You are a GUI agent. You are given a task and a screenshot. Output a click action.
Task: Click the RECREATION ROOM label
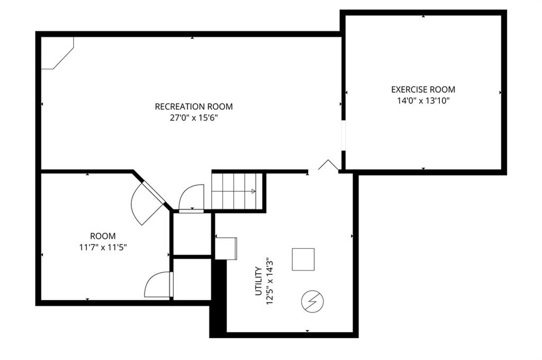tap(194, 106)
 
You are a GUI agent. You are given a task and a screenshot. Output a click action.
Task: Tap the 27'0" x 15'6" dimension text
tap(194, 118)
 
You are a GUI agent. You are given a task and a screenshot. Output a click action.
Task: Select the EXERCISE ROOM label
tap(423, 89)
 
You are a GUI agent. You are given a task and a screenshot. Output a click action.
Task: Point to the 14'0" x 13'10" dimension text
tap(423, 101)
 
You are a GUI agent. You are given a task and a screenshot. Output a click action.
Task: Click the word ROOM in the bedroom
tap(103, 236)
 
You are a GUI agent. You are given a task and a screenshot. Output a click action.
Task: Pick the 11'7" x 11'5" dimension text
tap(103, 248)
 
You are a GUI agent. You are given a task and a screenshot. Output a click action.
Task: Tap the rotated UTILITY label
tap(258, 281)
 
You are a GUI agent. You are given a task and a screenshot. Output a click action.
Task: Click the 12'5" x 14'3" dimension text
tap(270, 281)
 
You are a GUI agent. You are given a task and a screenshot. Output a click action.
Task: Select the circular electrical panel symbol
tap(312, 301)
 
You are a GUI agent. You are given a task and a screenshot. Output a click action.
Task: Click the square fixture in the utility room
tap(303, 259)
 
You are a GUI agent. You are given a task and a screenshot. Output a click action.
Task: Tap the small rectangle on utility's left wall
tap(226, 248)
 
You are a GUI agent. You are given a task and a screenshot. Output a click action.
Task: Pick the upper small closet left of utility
tap(192, 234)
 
